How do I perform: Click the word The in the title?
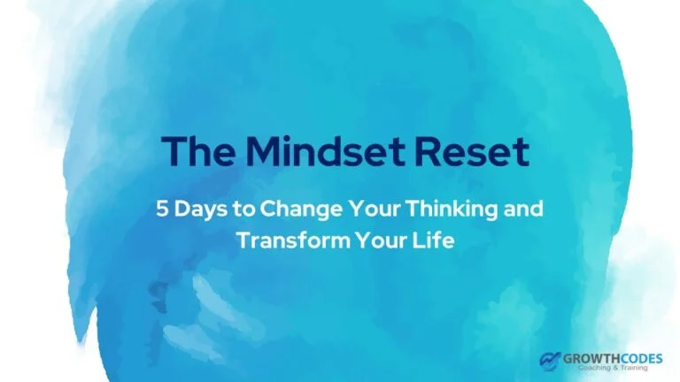(198, 150)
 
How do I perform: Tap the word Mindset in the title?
(326, 150)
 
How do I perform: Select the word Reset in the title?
(472, 150)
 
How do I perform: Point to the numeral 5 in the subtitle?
(162, 209)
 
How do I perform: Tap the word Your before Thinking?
(375, 209)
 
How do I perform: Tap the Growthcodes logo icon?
(550, 361)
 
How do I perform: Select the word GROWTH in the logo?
(592, 359)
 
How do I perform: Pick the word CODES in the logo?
(642, 359)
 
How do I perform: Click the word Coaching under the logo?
(593, 368)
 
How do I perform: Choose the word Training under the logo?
(633, 368)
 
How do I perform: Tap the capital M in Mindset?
(264, 151)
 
